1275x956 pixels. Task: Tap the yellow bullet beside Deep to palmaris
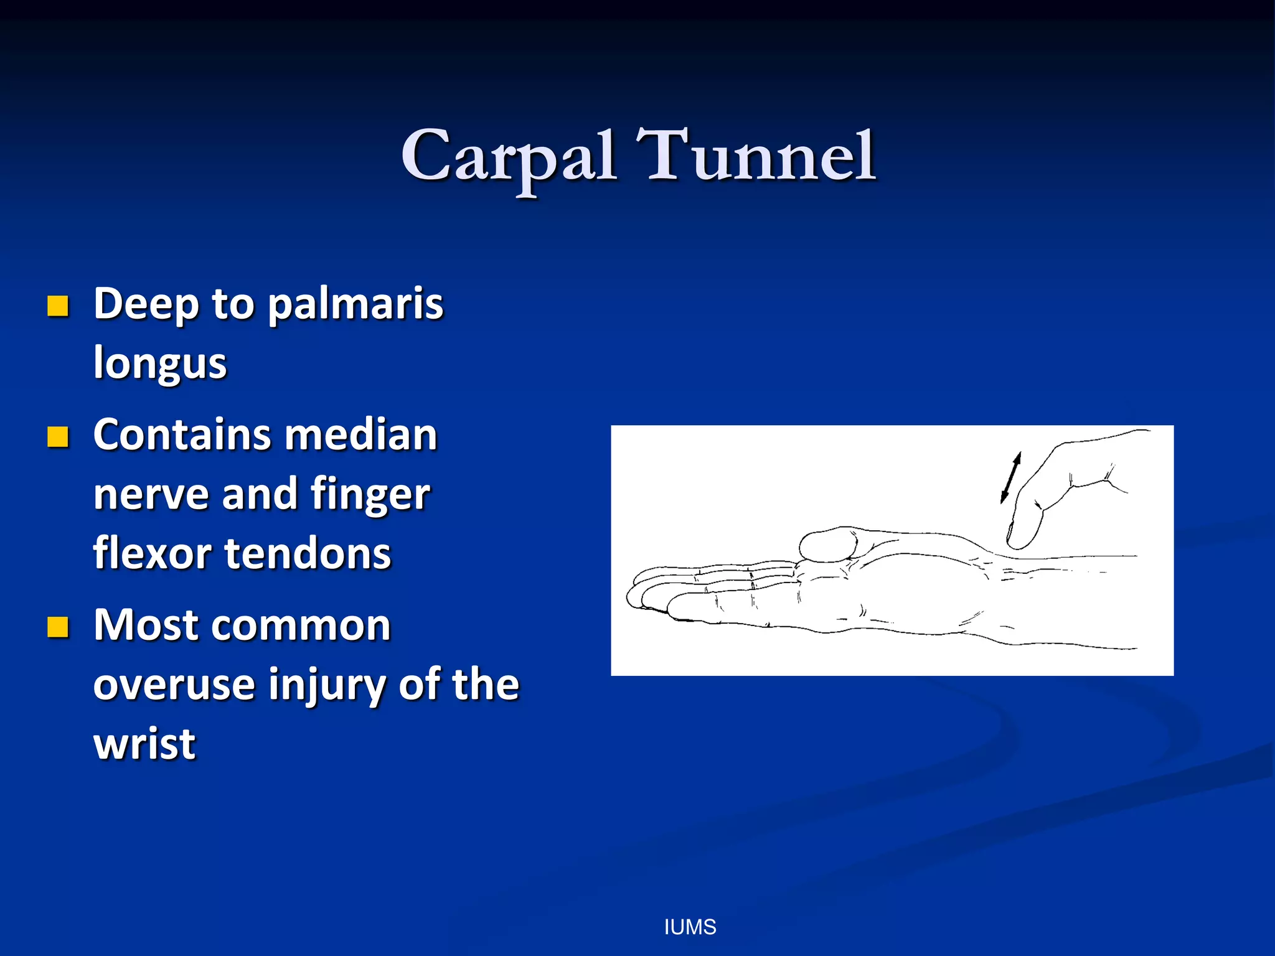pyautogui.click(x=58, y=306)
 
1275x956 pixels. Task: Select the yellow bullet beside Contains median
pyautogui.click(x=58, y=437)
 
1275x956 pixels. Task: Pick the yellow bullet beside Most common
pyautogui.click(x=58, y=627)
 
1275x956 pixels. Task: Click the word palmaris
pyautogui.click(x=355, y=305)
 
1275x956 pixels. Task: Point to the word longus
pyautogui.click(x=160, y=363)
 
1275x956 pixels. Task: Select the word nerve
pyautogui.click(x=151, y=495)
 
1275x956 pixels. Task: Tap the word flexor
pyautogui.click(x=153, y=553)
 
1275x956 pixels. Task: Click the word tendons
pyautogui.click(x=308, y=553)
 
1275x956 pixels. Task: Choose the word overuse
pyautogui.click(x=175, y=685)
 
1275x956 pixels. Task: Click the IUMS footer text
pyautogui.click(x=690, y=927)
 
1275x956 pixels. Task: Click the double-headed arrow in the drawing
pyautogui.click(x=1010, y=478)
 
